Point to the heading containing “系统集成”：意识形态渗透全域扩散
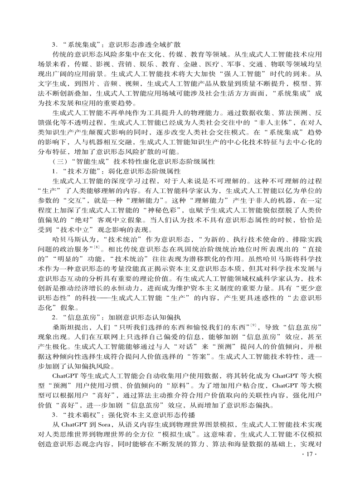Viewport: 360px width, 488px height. (x=117, y=44)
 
